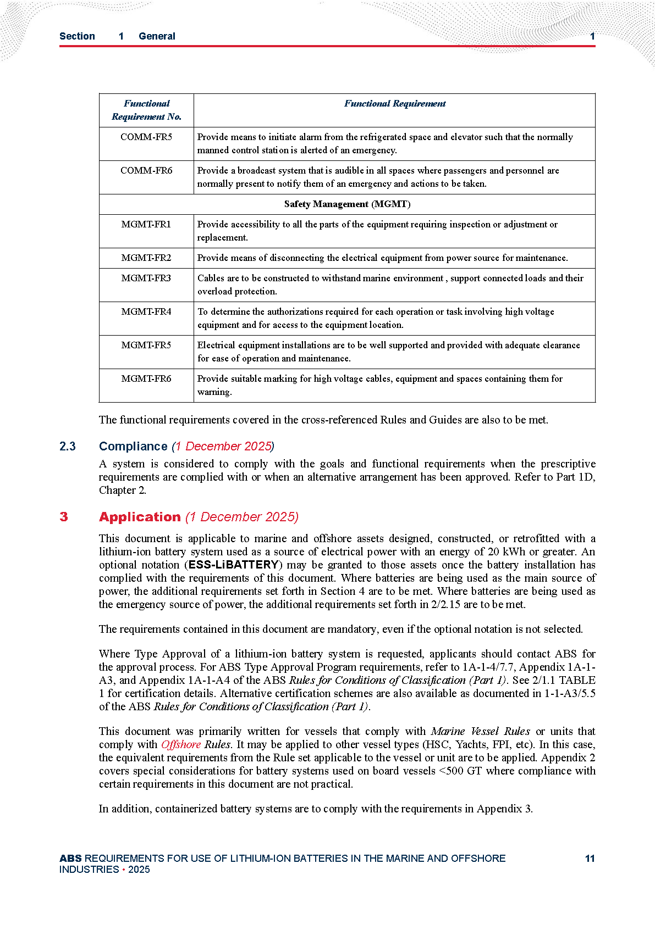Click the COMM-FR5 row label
(x=146, y=137)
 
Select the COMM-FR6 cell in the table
(x=146, y=170)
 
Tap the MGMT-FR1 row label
(x=146, y=224)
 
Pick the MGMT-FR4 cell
(x=146, y=311)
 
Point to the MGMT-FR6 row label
(x=146, y=378)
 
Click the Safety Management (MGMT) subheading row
(x=347, y=204)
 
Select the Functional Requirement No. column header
(x=146, y=110)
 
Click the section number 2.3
(x=68, y=446)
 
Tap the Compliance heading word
(x=133, y=446)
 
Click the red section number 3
(x=64, y=517)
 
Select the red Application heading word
(x=140, y=517)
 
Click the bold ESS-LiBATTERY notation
(x=234, y=565)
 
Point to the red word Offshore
(x=181, y=744)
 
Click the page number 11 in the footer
(x=590, y=859)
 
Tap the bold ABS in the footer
(x=70, y=859)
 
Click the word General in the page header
(x=157, y=36)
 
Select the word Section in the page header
(x=77, y=36)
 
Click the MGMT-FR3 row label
(x=146, y=278)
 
